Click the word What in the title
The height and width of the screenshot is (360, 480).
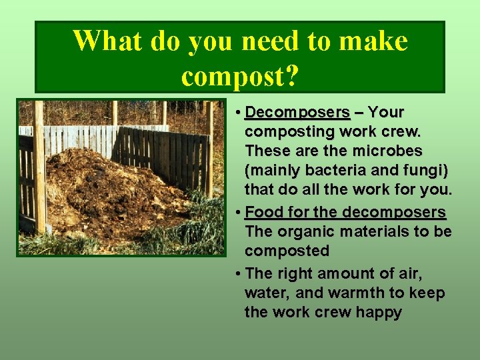click(107, 41)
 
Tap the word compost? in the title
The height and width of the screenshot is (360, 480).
click(240, 77)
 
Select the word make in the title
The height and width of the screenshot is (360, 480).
click(373, 41)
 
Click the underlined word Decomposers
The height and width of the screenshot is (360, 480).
click(297, 112)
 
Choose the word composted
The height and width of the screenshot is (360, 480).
click(287, 251)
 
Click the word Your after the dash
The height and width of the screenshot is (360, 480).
click(386, 112)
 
